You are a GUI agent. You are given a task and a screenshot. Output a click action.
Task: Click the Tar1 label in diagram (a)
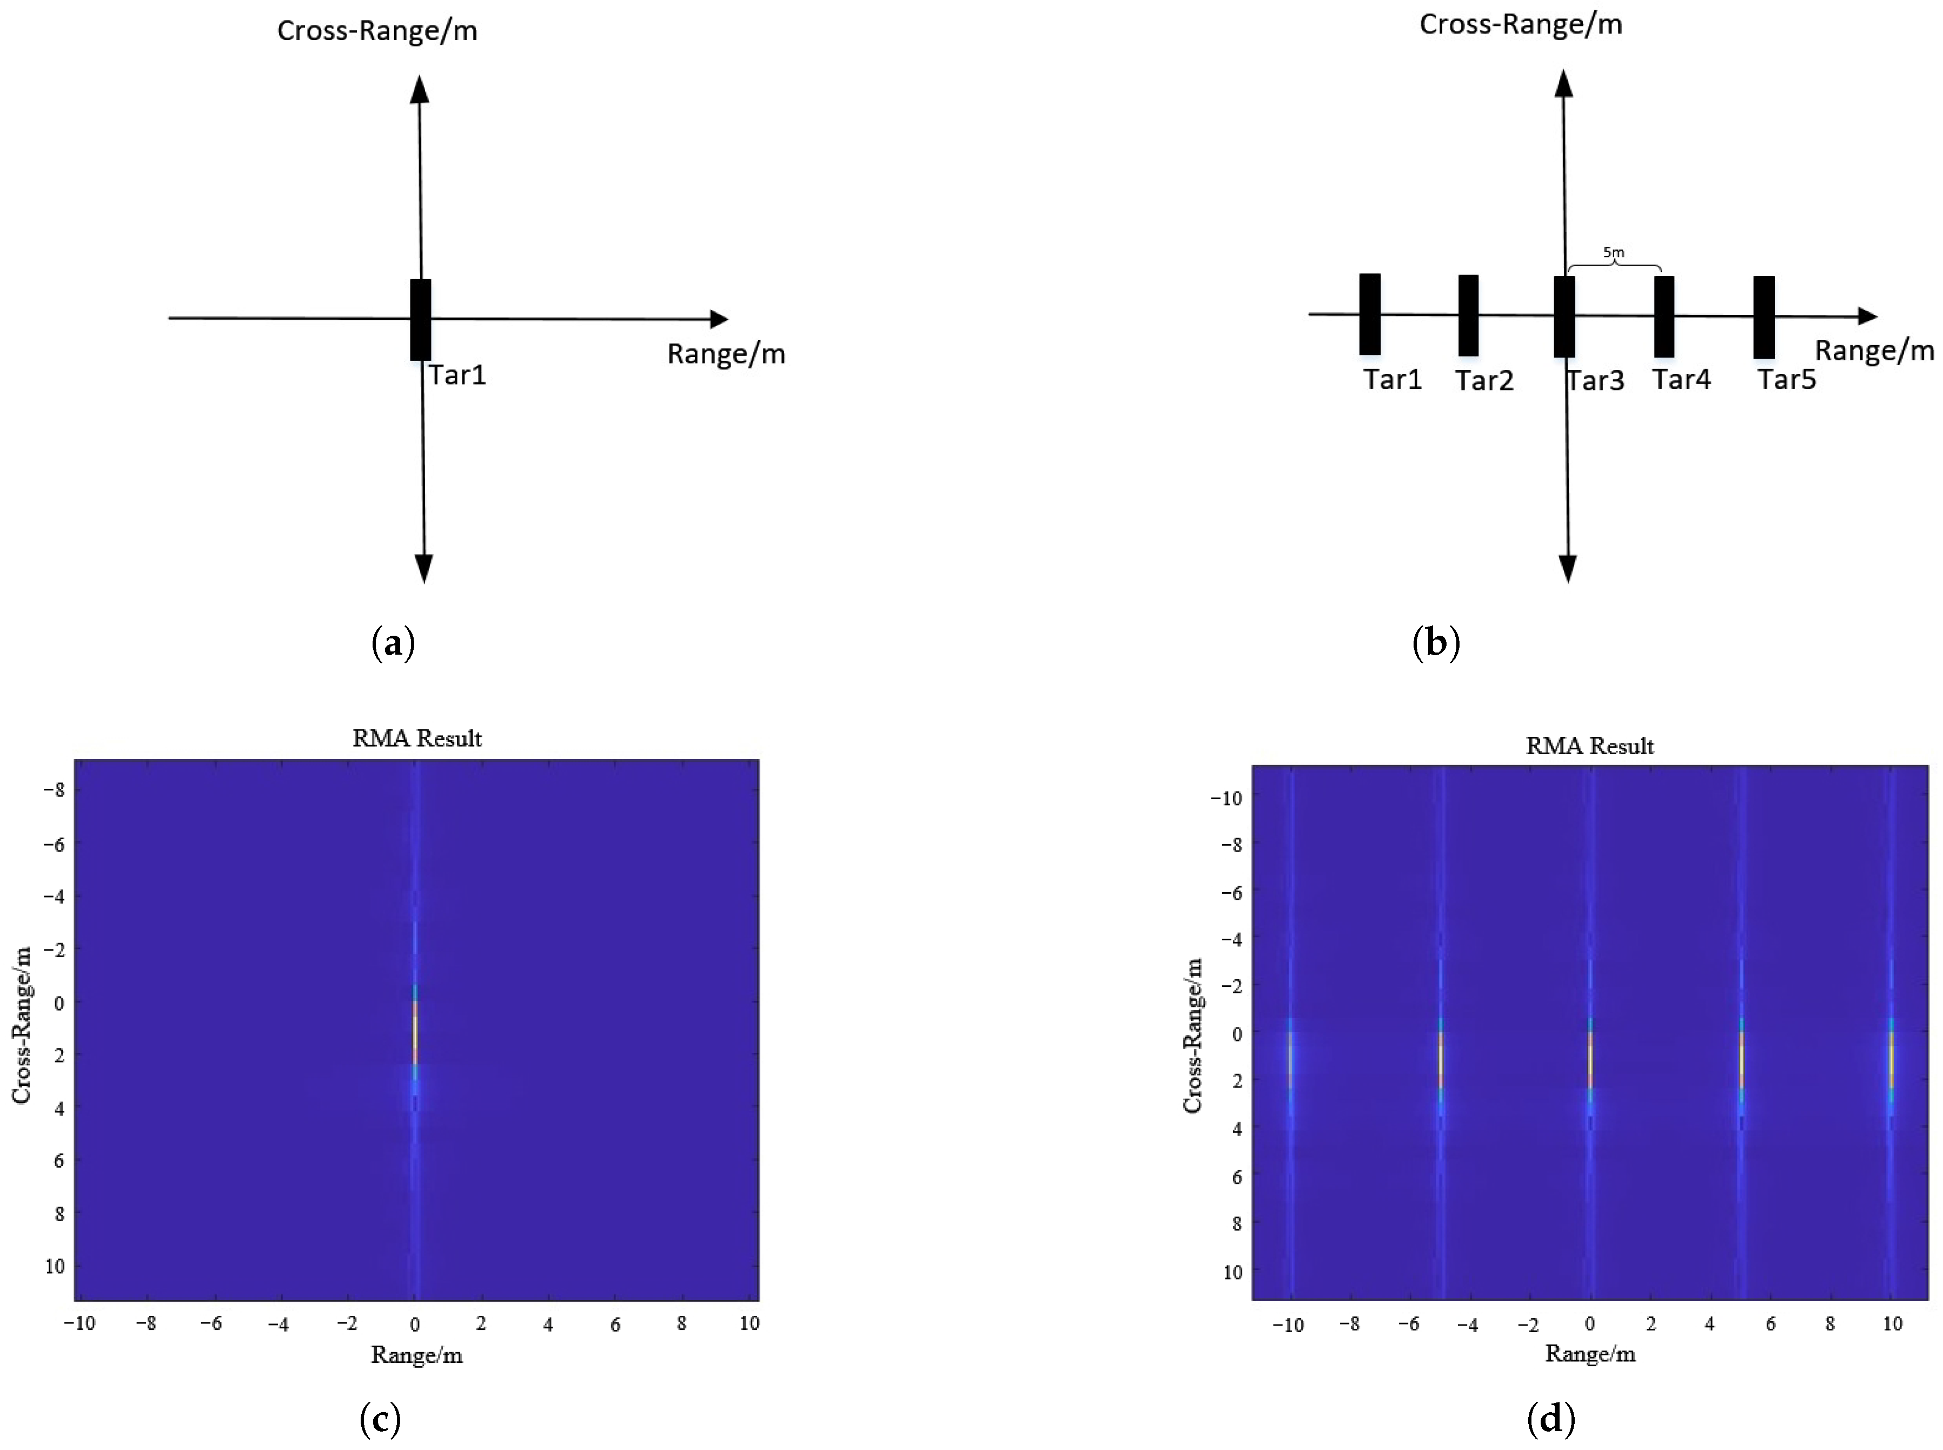pyautogui.click(x=456, y=375)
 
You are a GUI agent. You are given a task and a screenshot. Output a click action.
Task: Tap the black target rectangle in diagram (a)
pyautogui.click(x=420, y=320)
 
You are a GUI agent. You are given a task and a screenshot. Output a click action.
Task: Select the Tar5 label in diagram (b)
pyautogui.click(x=1786, y=379)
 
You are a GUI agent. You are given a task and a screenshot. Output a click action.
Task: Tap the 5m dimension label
pyautogui.click(x=1613, y=253)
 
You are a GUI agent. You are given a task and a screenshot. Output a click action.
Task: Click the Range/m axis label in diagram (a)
pyautogui.click(x=725, y=354)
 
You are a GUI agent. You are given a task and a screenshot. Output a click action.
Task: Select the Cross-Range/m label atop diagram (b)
pyautogui.click(x=1520, y=24)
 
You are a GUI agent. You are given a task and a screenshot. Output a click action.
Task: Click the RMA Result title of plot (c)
pyautogui.click(x=417, y=738)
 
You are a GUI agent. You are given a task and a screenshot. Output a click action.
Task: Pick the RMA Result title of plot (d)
pyautogui.click(x=1589, y=746)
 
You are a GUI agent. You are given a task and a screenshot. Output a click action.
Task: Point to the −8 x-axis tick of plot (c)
pyautogui.click(x=145, y=1323)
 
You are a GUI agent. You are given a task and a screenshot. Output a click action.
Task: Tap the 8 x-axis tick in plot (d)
pyautogui.click(x=1830, y=1323)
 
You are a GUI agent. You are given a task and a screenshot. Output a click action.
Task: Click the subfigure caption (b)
pyautogui.click(x=1436, y=643)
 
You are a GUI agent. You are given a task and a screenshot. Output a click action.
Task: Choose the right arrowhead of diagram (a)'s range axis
pyautogui.click(x=719, y=320)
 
